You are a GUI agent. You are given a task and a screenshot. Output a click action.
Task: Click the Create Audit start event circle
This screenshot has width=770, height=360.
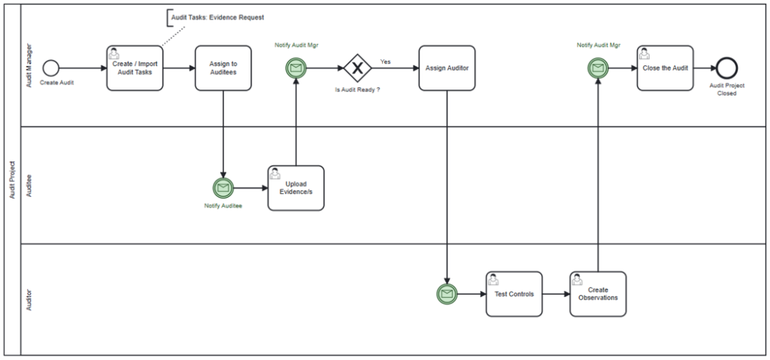(50, 68)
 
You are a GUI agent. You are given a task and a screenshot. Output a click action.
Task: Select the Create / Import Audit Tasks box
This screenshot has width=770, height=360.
(135, 68)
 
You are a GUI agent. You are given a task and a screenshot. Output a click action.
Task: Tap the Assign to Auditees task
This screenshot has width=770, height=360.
(223, 68)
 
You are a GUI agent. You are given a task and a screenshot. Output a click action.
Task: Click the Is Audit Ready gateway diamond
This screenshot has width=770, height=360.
(357, 68)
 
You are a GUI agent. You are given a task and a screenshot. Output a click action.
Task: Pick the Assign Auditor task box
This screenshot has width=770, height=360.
(447, 68)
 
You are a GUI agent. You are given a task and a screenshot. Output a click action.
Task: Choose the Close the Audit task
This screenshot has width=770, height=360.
(665, 68)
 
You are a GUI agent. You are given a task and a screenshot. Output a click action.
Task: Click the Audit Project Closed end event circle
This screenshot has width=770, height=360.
(727, 68)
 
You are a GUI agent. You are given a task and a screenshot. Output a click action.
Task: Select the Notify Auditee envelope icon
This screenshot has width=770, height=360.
(223, 188)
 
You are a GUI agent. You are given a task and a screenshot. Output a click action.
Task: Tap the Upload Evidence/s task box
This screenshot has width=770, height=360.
(296, 188)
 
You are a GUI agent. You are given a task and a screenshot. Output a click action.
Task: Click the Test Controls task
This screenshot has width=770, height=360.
(514, 294)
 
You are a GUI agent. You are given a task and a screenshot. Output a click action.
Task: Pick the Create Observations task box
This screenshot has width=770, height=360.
(598, 294)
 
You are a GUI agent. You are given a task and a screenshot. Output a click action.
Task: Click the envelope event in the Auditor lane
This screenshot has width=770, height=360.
(447, 294)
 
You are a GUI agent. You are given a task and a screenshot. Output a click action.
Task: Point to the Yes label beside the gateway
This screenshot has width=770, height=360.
(386, 62)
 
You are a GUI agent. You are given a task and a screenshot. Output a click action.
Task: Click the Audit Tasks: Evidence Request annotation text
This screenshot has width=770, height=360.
(217, 17)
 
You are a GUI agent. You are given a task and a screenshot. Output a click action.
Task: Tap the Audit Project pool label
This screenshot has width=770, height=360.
(12, 180)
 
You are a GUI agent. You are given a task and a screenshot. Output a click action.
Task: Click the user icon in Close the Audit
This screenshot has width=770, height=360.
(644, 53)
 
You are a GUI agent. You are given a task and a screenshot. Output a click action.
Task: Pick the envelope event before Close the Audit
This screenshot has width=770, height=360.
(598, 68)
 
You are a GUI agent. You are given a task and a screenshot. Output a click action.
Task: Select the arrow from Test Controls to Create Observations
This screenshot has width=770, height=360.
(556, 294)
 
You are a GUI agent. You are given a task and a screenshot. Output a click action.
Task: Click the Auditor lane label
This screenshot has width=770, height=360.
(29, 299)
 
